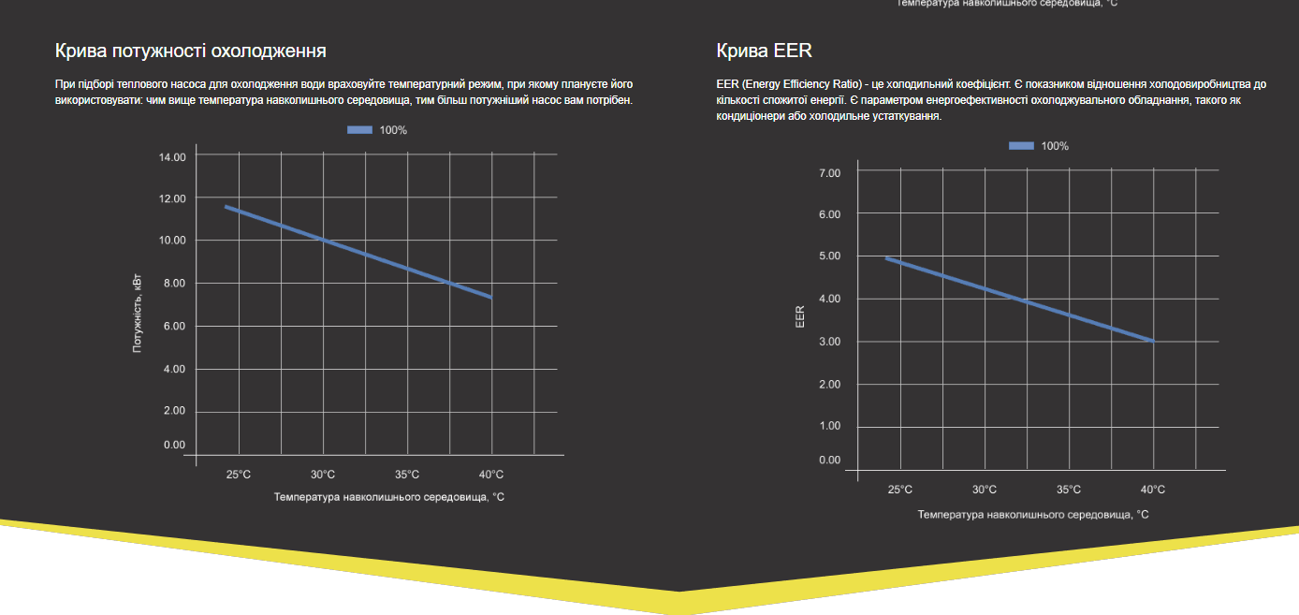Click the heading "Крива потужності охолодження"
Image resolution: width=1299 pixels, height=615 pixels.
(191, 51)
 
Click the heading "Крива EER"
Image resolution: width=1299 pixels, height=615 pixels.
(765, 51)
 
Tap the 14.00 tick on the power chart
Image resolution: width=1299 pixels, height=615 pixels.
(173, 157)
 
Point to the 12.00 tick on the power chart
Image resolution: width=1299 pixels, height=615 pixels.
(173, 198)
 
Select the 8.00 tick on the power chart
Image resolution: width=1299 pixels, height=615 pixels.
(173, 284)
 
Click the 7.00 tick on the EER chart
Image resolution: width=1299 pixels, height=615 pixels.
(830, 173)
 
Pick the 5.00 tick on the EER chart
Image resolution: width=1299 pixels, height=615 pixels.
(830, 256)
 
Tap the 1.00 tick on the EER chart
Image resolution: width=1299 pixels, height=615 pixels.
(830, 427)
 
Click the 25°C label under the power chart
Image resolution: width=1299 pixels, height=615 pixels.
(239, 475)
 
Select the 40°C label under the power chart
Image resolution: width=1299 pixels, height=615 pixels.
(491, 475)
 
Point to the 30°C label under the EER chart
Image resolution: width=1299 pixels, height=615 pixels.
(985, 490)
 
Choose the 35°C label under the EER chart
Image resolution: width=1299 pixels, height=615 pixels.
(1069, 490)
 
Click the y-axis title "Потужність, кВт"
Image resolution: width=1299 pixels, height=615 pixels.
(138, 313)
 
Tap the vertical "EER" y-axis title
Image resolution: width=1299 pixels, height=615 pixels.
(800, 317)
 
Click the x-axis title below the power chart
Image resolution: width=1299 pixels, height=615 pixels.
(389, 497)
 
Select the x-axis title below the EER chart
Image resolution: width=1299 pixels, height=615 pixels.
(1033, 515)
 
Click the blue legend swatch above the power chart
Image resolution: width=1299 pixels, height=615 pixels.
(360, 130)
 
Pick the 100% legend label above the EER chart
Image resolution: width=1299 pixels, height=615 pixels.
(1055, 146)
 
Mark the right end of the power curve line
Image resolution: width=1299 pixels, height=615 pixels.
(490, 297)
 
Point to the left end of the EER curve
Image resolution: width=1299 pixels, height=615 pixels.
(887, 258)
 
